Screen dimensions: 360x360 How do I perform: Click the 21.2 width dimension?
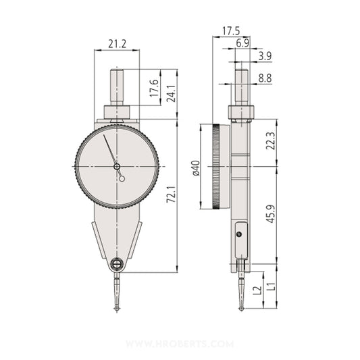tap(118, 44)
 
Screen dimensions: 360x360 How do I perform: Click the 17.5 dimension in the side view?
tap(231, 31)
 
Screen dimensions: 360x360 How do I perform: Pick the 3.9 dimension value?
tap(265, 55)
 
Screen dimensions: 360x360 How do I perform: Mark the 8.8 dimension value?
tap(264, 78)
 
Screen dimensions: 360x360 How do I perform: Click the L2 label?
tap(256, 290)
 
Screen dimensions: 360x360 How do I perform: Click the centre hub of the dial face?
tap(117, 166)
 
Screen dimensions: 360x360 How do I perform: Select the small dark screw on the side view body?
tap(239, 234)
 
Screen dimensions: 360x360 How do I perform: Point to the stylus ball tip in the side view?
tap(242, 310)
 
